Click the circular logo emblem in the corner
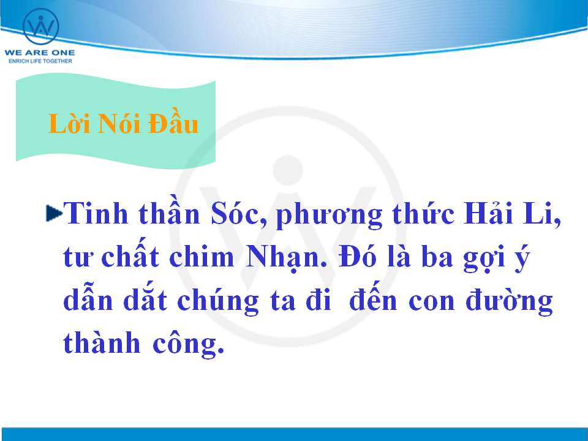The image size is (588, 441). pyautogui.click(x=41, y=26)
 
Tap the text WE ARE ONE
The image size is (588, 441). pyautogui.click(x=40, y=53)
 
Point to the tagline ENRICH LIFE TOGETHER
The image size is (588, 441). pyautogui.click(x=40, y=61)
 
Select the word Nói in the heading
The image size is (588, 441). pyautogui.click(x=119, y=123)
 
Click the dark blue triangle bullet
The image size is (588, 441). pyautogui.click(x=54, y=213)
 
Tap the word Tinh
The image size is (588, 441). pyautogui.click(x=96, y=213)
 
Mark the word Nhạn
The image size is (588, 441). pyautogui.click(x=286, y=258)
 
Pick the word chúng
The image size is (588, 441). pyautogui.click(x=217, y=301)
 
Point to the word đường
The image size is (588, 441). pyautogui.click(x=509, y=301)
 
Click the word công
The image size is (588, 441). pyautogui.click(x=188, y=342)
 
